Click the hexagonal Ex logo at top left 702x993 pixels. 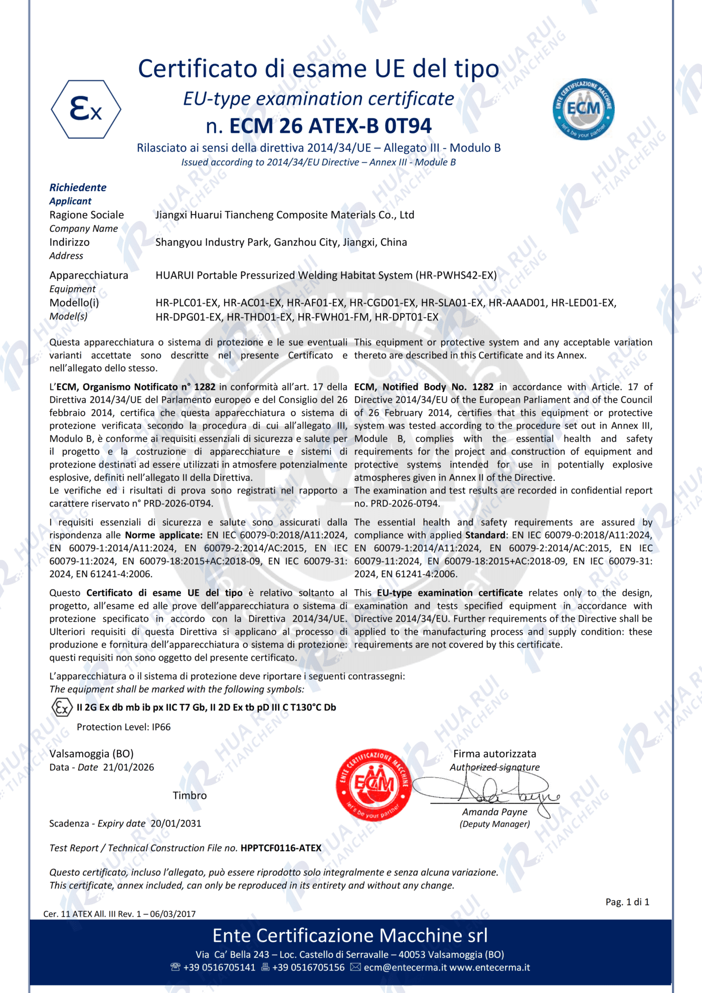pos(86,109)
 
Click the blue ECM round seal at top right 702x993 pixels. pos(583,109)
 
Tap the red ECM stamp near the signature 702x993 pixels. pos(374,785)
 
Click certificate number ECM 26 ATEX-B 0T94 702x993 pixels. pos(330,126)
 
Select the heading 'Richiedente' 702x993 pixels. pos(78,188)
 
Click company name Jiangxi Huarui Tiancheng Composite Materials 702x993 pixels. pos(284,215)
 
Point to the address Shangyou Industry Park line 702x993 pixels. pos(281,242)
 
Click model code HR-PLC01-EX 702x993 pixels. pos(187,303)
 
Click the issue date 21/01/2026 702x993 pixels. pos(128,767)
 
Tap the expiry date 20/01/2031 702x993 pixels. pos(175,823)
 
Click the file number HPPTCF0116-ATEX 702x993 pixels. pos(281,848)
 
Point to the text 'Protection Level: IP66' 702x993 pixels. pos(123,727)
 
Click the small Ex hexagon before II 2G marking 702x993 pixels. pos(62,708)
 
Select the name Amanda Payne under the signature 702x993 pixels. pos(494,812)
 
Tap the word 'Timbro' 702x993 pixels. pos(190,795)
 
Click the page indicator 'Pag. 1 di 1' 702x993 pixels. pos(627,902)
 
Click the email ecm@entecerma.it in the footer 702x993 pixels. pos(405,967)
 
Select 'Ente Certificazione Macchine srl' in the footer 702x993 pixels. pos(350,936)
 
